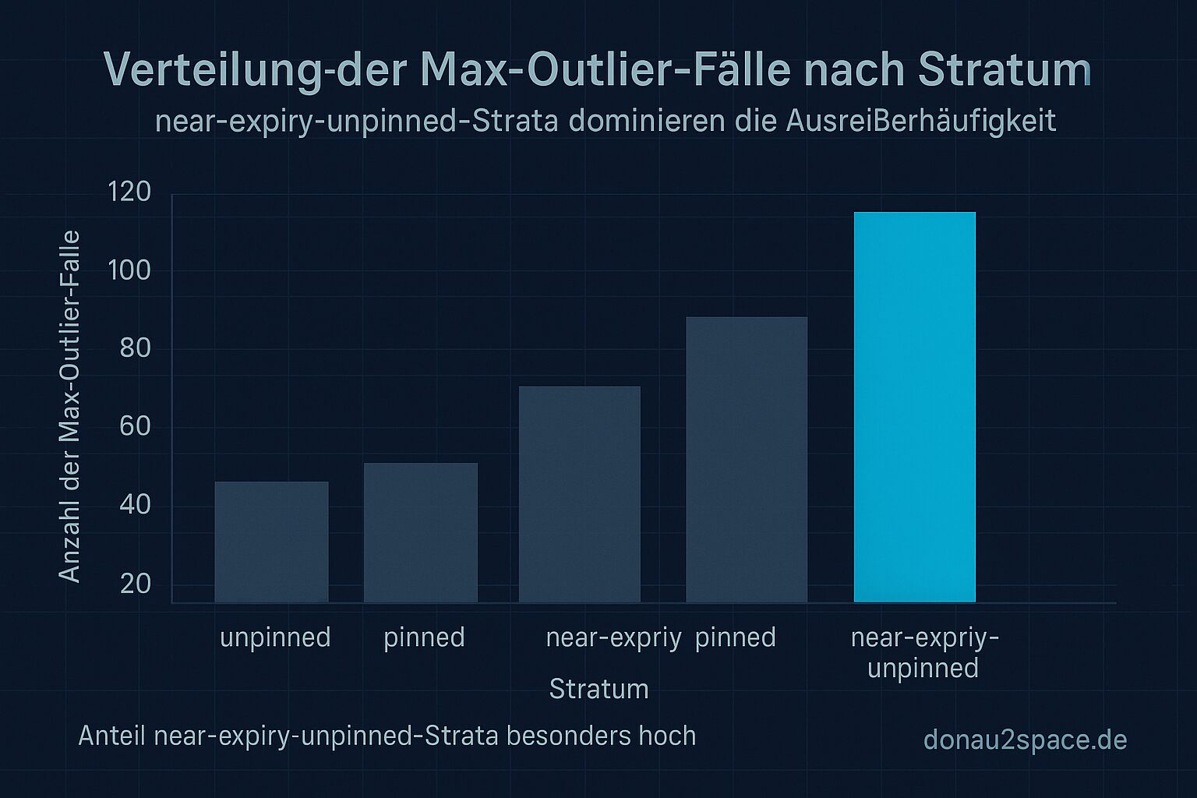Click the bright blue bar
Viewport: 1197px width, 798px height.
(x=914, y=407)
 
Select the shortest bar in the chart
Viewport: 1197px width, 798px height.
(x=271, y=542)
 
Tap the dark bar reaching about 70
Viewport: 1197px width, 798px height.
(x=579, y=494)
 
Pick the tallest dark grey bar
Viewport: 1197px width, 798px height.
(x=746, y=459)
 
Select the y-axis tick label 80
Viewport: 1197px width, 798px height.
(x=135, y=348)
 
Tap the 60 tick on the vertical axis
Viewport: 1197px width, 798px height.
(x=135, y=426)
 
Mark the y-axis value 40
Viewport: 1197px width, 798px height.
(x=135, y=505)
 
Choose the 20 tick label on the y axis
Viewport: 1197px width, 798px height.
(x=135, y=584)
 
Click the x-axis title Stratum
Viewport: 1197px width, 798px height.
(x=598, y=689)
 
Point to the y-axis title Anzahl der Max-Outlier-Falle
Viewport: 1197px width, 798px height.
(x=70, y=406)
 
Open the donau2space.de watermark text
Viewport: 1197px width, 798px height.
(x=1025, y=740)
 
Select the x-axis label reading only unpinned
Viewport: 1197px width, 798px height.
(x=275, y=637)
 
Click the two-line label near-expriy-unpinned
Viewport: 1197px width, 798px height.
(x=923, y=652)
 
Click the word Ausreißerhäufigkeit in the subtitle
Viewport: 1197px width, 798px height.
(x=921, y=122)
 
